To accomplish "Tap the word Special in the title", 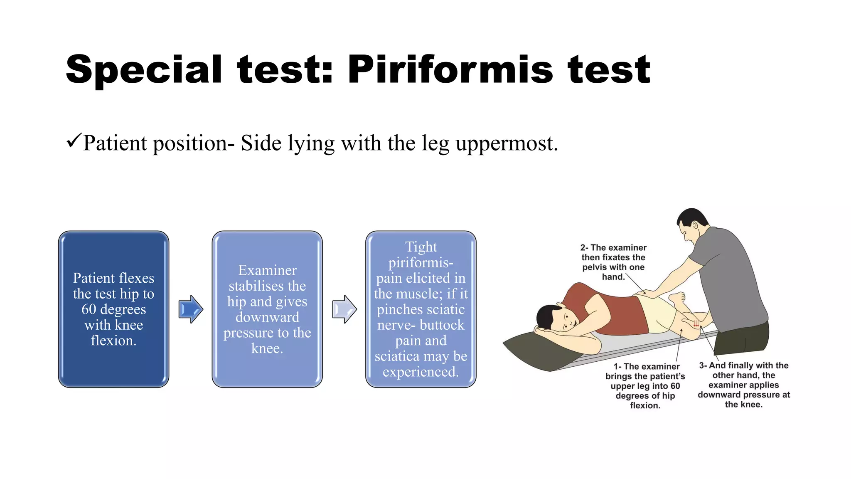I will [144, 70].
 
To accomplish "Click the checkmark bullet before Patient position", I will [73, 141].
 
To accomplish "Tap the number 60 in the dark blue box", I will [89, 309].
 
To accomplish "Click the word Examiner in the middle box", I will [267, 271].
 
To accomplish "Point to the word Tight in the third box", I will [421, 247].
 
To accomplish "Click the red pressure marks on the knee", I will [696, 323].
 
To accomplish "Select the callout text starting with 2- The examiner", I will [613, 262].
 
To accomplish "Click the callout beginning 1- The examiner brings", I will [645, 385].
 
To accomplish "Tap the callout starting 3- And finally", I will [743, 385].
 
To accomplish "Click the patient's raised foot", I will [677, 297].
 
